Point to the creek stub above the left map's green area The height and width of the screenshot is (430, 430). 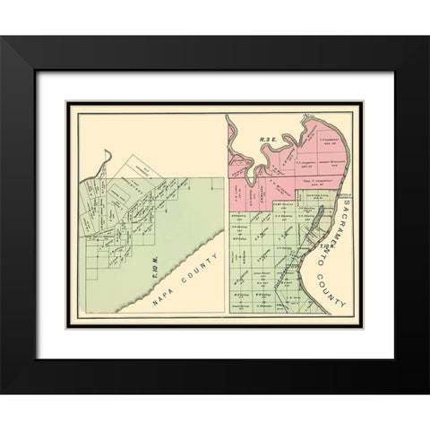[x=106, y=159]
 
